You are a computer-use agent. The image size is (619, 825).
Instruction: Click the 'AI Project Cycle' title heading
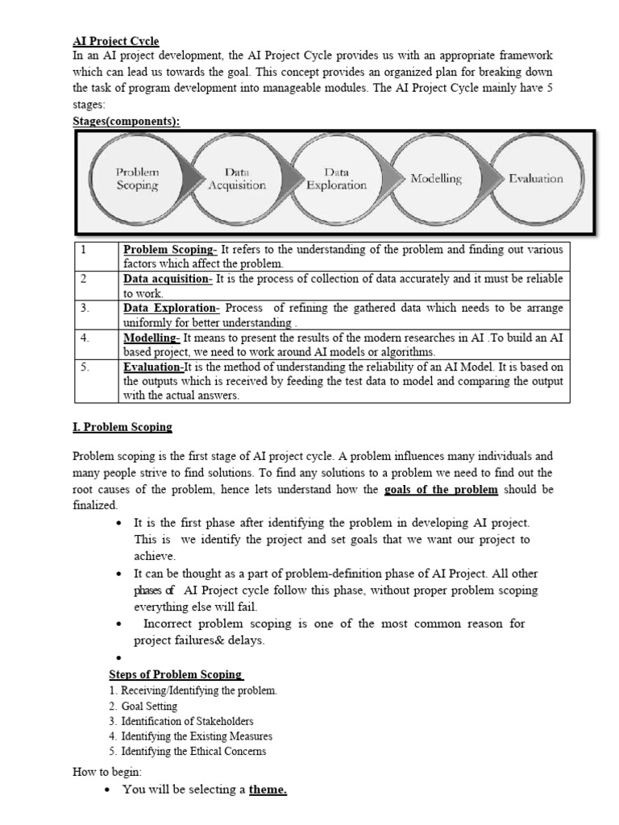click(116, 41)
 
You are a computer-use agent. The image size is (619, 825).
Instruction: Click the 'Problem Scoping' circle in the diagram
click(137, 178)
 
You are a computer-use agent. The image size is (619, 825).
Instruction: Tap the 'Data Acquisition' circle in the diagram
click(236, 179)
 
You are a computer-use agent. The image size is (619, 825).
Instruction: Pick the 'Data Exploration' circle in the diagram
click(336, 179)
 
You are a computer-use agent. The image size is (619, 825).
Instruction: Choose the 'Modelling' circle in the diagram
click(436, 179)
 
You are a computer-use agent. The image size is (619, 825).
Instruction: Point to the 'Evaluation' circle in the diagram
click(536, 179)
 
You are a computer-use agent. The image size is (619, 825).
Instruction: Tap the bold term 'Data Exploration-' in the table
click(171, 309)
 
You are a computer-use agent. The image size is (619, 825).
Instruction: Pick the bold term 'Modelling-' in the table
click(152, 338)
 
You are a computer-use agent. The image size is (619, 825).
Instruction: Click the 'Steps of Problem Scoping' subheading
click(176, 674)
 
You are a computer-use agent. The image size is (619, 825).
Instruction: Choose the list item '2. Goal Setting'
click(143, 706)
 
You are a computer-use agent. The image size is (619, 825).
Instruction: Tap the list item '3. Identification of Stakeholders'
click(181, 721)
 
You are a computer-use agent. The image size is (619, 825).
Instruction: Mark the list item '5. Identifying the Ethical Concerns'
click(187, 752)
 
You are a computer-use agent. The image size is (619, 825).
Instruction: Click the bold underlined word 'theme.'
click(268, 790)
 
